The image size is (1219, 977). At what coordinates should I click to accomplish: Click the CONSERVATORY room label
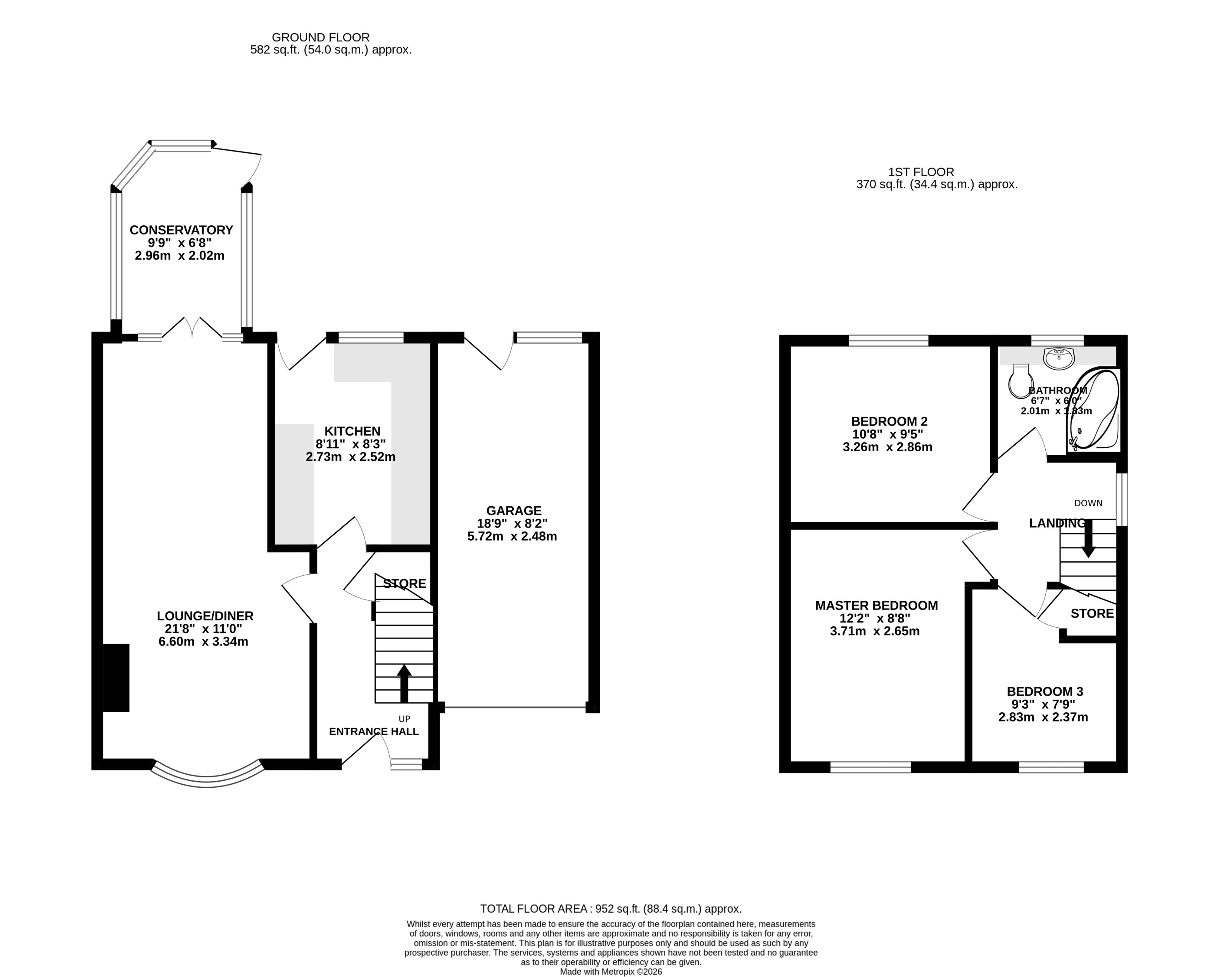click(181, 230)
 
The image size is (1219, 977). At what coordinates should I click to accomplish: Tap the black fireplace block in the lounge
click(116, 677)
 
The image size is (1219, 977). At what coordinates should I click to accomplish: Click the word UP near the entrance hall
click(404, 719)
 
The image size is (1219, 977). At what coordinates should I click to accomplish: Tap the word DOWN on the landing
click(1088, 503)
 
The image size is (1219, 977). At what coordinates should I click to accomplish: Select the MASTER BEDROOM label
click(876, 606)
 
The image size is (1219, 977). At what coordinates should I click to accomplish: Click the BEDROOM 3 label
click(1044, 692)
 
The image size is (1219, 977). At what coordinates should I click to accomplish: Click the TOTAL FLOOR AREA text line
click(611, 909)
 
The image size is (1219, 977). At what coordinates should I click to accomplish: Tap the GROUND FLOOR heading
click(321, 37)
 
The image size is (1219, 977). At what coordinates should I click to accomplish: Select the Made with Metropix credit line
click(611, 971)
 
